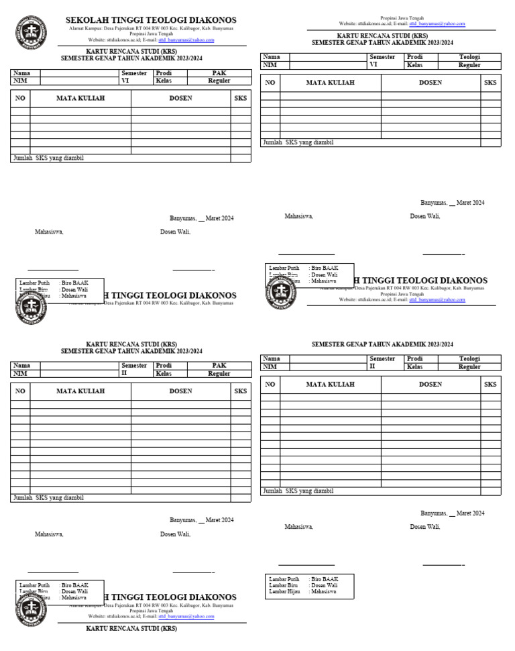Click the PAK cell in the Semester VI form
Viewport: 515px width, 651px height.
219,72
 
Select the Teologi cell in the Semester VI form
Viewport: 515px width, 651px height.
469,58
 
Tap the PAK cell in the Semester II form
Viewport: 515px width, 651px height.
219,366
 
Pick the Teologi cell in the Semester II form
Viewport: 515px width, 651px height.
469,359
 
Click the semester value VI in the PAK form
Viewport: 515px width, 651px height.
125,81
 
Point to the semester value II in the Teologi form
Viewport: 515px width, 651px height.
373,367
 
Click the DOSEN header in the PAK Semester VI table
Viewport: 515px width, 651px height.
180,99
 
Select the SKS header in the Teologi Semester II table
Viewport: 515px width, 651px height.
490,385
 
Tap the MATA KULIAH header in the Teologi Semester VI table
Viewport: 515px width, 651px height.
330,83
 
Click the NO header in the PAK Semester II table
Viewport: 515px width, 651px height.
20,391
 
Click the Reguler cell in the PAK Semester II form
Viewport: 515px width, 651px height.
219,374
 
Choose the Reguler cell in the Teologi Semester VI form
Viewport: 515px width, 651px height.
469,66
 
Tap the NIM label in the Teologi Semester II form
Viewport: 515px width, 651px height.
270,367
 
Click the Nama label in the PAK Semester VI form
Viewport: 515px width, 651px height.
21,72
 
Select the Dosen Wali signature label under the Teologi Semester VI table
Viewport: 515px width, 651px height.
425,216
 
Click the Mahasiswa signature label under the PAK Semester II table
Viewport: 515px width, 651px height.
49,535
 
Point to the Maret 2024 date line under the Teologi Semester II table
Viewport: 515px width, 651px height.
453,513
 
